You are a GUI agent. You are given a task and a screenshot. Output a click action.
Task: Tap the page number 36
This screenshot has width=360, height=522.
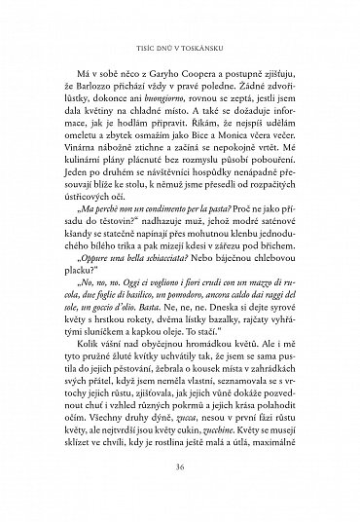pos(180,495)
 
